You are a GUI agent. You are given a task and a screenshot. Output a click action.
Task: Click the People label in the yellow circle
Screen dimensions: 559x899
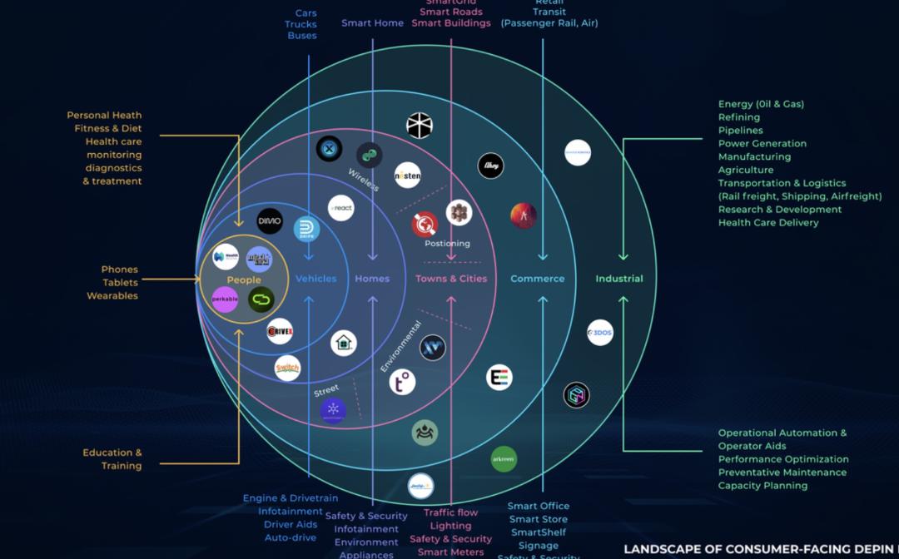tap(244, 280)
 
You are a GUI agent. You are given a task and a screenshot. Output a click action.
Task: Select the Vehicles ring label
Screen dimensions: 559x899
tap(316, 279)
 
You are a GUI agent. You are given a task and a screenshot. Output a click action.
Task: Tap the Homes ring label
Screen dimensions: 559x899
tap(372, 279)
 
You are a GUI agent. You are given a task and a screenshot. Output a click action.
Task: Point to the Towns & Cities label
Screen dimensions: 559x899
tap(451, 279)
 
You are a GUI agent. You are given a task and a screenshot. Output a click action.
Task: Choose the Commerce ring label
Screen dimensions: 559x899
tap(538, 279)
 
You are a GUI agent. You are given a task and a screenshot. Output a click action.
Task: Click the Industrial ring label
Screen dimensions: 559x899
tap(619, 279)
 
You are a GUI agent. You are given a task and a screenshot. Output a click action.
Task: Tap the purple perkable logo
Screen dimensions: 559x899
tap(226, 299)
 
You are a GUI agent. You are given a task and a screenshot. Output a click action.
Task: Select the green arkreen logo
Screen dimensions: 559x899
tap(504, 458)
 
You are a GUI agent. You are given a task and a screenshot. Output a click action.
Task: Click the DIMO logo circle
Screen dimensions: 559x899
tap(270, 221)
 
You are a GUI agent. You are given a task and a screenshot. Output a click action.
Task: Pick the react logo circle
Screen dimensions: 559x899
tap(341, 208)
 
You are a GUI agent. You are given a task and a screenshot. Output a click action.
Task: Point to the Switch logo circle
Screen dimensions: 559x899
tap(288, 368)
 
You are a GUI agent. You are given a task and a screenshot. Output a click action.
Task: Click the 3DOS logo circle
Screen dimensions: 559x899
tap(600, 333)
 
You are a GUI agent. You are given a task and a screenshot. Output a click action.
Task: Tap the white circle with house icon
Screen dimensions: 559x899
tap(344, 343)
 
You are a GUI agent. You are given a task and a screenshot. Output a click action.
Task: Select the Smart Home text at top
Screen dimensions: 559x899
tap(372, 23)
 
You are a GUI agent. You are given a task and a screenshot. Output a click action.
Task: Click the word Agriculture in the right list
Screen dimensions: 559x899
tap(746, 170)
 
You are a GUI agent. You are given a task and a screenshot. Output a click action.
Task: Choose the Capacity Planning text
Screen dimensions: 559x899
tap(762, 486)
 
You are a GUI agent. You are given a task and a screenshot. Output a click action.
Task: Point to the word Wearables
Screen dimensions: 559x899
tap(112, 296)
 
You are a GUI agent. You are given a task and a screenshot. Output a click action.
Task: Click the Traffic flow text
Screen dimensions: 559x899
tap(450, 513)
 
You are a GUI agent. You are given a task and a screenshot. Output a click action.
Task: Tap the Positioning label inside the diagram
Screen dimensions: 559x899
tap(447, 244)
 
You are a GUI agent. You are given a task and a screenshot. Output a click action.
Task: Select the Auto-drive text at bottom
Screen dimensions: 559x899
tap(291, 538)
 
